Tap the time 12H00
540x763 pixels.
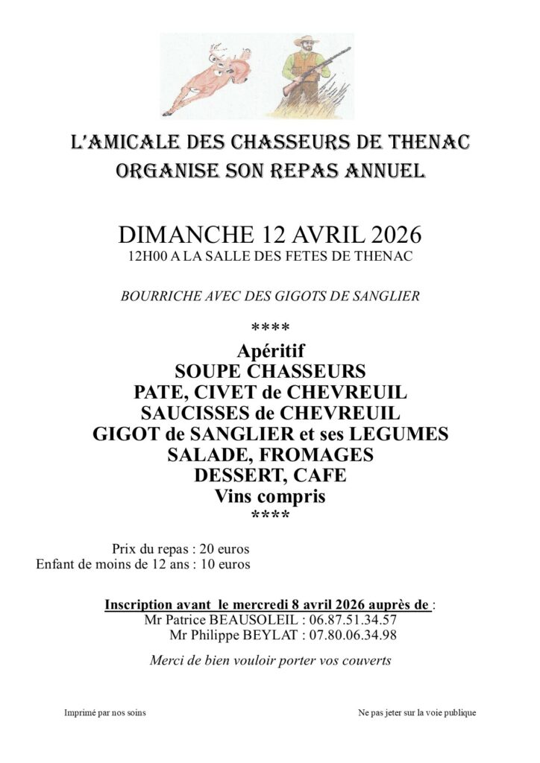(x=145, y=257)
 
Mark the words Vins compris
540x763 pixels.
(x=270, y=496)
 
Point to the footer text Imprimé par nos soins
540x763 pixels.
(x=104, y=713)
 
